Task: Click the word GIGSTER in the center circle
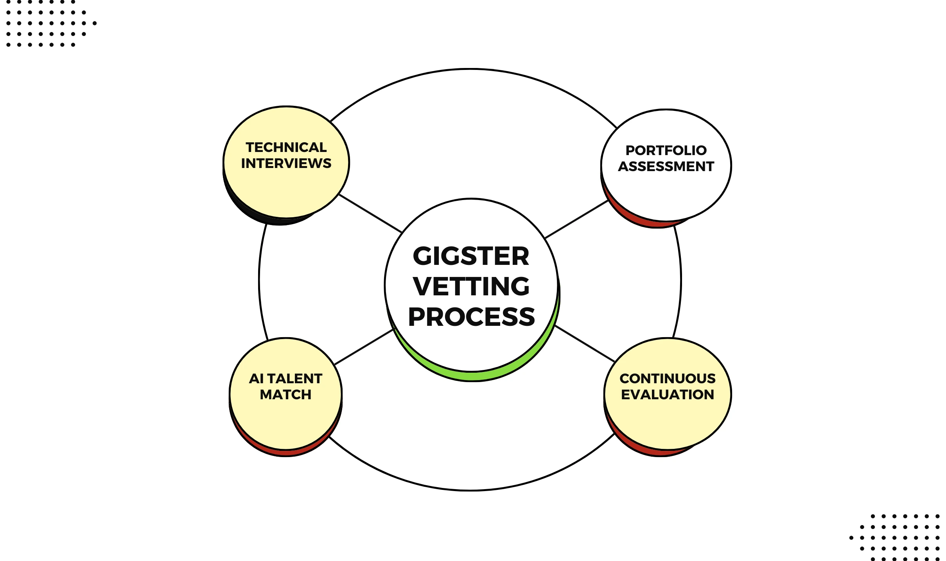click(x=471, y=256)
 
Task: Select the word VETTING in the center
click(x=471, y=286)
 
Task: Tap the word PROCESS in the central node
click(x=471, y=316)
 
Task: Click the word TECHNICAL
click(x=286, y=147)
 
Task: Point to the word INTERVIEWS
click(x=286, y=163)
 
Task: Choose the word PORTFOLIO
click(x=666, y=150)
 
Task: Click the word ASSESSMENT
click(x=666, y=166)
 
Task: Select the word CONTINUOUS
click(x=668, y=379)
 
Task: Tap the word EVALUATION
click(x=668, y=395)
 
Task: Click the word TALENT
click(x=294, y=379)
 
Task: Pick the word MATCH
click(x=285, y=395)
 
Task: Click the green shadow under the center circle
click(x=473, y=376)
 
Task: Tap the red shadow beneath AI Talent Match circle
click(x=285, y=453)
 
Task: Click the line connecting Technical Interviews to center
click(x=370, y=213)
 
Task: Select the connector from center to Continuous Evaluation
click(x=585, y=343)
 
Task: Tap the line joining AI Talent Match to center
click(x=364, y=347)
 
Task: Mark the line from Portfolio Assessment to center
click(x=576, y=219)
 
